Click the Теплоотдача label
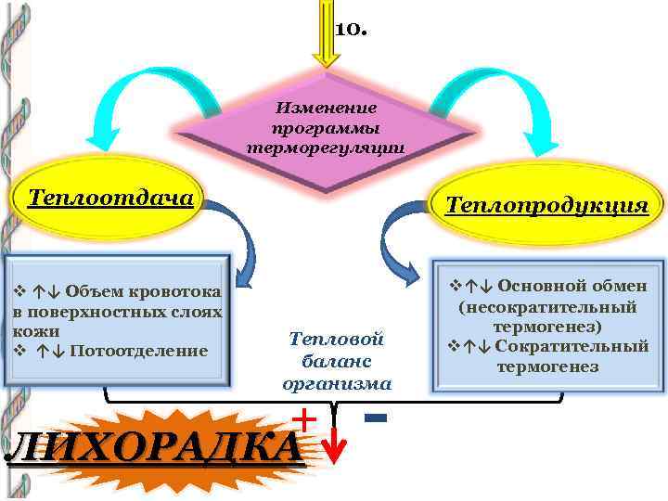pyautogui.click(x=110, y=198)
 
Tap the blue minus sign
pyautogui.click(x=376, y=419)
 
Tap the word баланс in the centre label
pyautogui.click(x=336, y=361)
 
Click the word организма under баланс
pyautogui.click(x=336, y=381)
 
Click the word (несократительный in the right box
pyautogui.click(x=547, y=306)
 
